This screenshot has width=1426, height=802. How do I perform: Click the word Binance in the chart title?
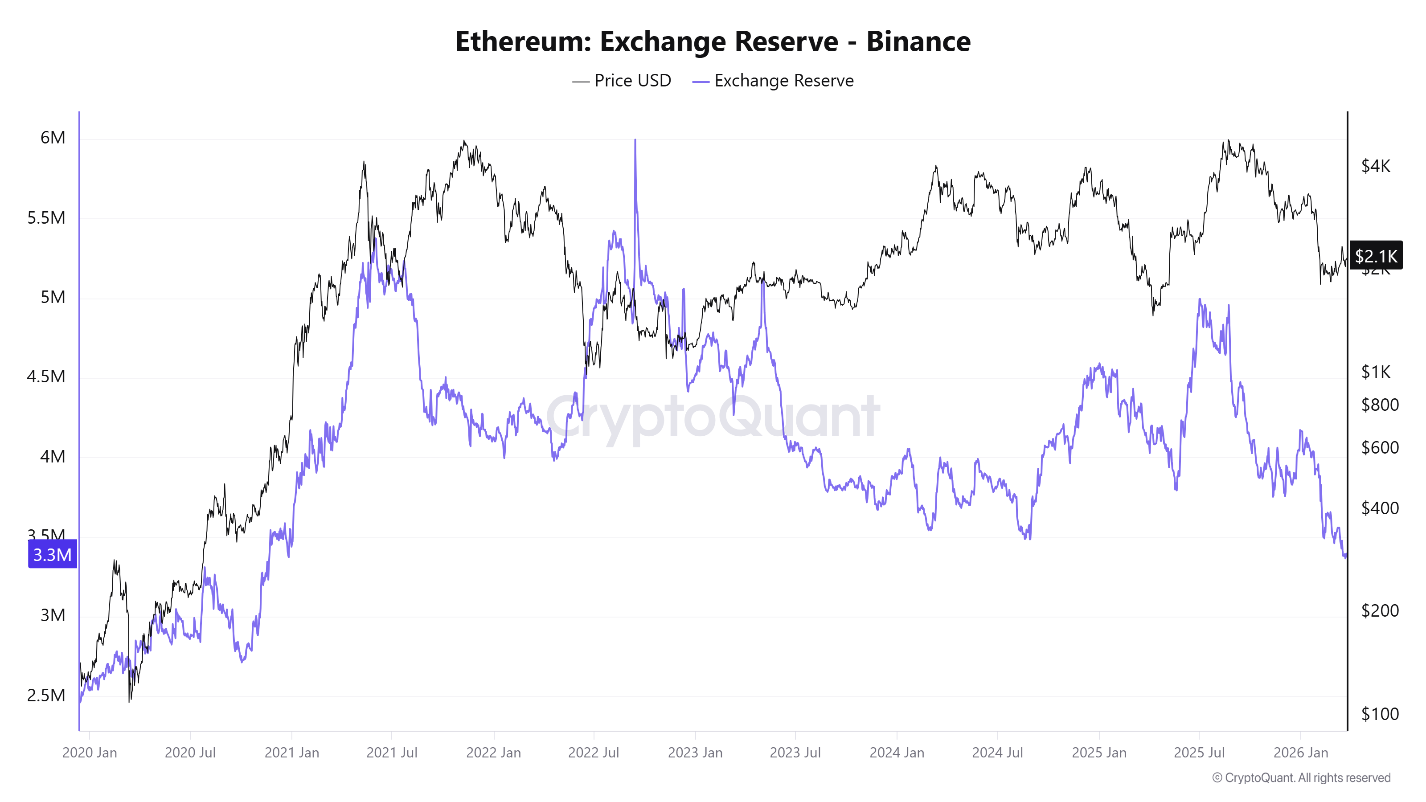click(x=918, y=41)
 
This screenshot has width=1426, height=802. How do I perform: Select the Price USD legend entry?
click(x=622, y=81)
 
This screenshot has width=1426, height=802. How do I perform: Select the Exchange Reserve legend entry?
click(x=773, y=81)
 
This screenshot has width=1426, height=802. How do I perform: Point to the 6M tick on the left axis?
click(x=53, y=137)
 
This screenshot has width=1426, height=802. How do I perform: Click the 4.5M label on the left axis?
click(x=46, y=376)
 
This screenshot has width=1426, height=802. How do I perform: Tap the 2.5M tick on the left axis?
click(x=46, y=695)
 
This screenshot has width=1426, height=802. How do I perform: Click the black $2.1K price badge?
click(x=1376, y=256)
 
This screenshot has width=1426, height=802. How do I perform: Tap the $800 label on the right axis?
click(x=1380, y=405)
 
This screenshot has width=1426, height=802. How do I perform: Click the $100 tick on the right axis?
click(x=1380, y=714)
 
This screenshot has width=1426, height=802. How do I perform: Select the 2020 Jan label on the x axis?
click(x=90, y=753)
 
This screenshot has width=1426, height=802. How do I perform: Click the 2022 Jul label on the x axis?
click(x=594, y=753)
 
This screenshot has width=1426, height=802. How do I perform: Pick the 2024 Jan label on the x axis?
click(x=897, y=753)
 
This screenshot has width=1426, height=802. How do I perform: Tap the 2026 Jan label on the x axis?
click(x=1300, y=753)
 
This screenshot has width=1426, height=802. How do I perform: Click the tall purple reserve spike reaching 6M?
click(x=635, y=166)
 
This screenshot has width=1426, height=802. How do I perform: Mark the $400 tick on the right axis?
click(x=1380, y=507)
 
